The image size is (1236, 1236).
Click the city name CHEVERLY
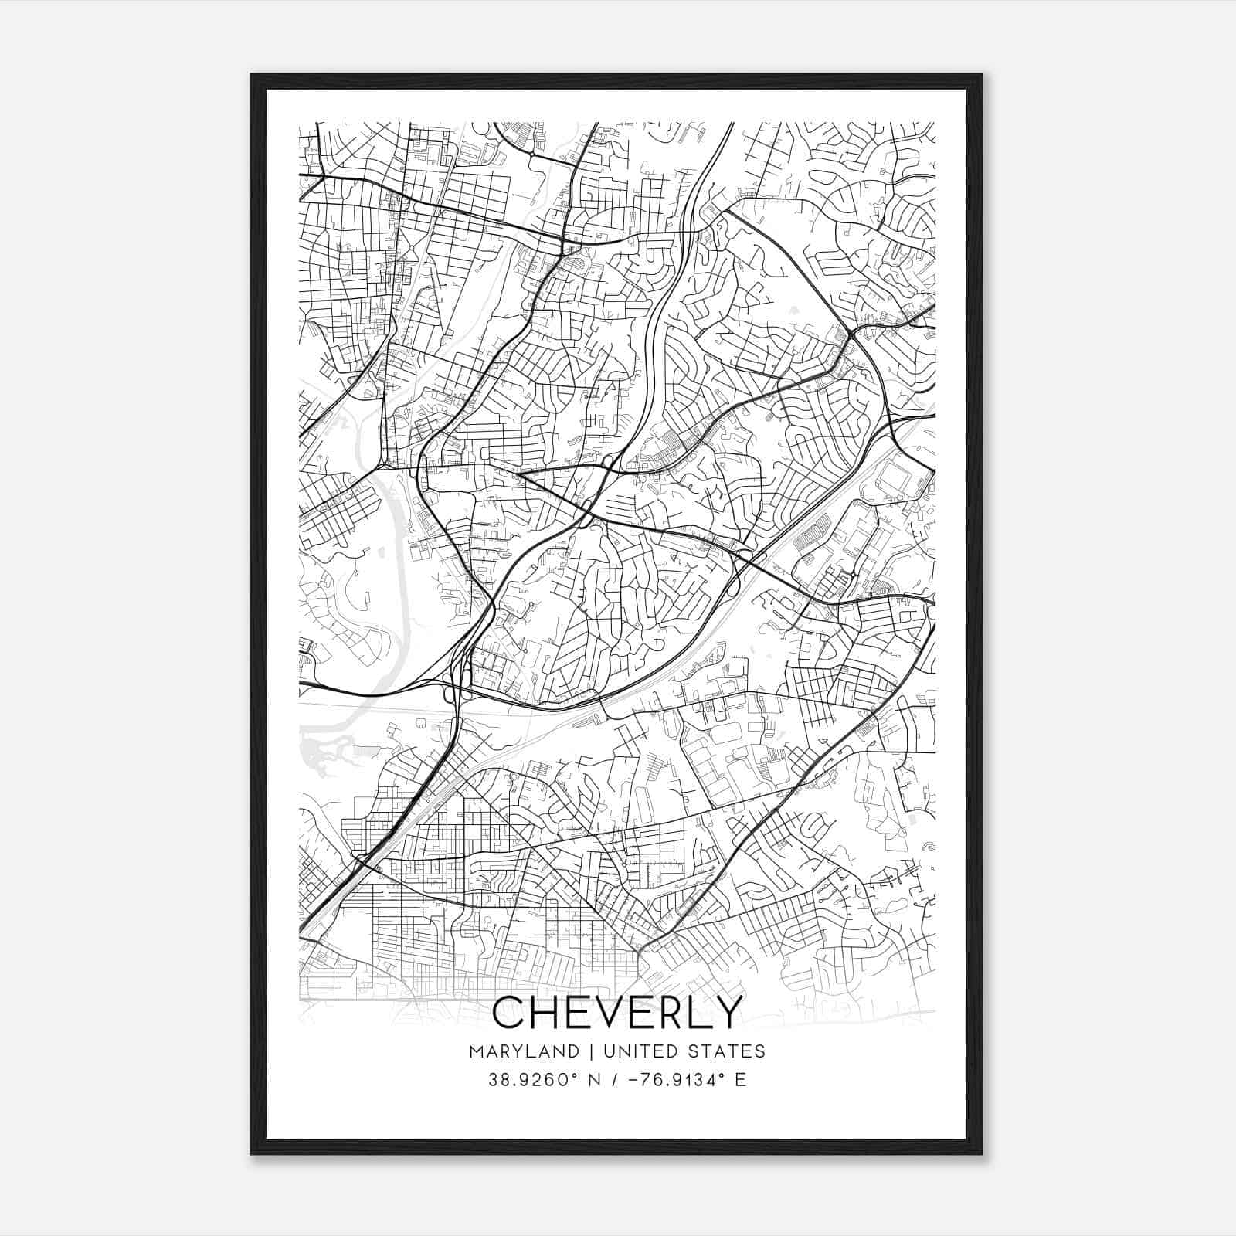tap(616, 1012)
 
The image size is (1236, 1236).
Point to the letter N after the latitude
tap(593, 1080)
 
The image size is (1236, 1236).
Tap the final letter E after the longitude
tap(741, 1080)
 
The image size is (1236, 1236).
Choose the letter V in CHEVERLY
tap(613, 1012)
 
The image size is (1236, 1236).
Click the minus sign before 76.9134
tap(635, 1080)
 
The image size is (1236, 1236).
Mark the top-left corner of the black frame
tap(252, 75)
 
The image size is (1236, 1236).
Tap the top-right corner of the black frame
tap(981, 75)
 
